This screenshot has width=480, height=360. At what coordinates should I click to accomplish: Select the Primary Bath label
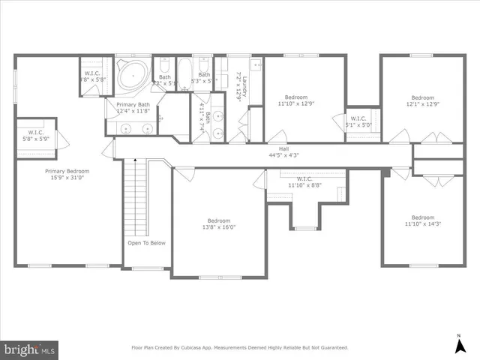pyautogui.click(x=133, y=105)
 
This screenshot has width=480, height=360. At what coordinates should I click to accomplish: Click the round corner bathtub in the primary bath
pyautogui.click(x=133, y=76)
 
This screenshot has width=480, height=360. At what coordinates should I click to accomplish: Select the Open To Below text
pyautogui.click(x=146, y=243)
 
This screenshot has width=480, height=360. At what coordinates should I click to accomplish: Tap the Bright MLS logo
pyautogui.click(x=30, y=349)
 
